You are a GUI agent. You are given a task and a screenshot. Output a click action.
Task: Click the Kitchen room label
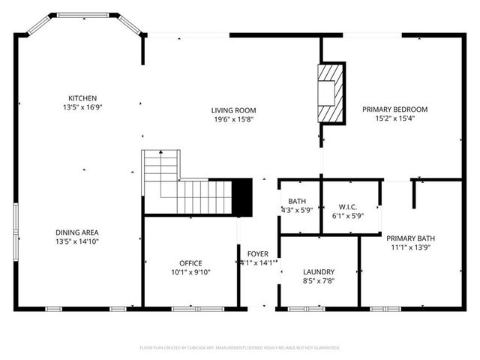click(82, 98)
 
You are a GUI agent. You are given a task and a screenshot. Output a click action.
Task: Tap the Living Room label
click(233, 110)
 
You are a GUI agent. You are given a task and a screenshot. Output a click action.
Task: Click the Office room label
click(190, 262)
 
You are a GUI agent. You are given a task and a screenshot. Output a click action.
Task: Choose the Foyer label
click(257, 254)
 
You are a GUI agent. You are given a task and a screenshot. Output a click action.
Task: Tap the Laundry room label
click(319, 271)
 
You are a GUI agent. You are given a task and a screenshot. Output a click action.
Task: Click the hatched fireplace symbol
click(330, 93)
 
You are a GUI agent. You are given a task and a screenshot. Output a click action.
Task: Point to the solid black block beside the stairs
click(242, 196)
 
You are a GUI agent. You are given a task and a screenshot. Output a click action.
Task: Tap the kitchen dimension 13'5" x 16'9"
click(82, 107)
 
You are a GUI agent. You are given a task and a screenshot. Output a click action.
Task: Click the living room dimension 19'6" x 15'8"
click(233, 119)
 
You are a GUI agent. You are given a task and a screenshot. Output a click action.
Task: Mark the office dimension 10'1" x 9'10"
click(190, 271)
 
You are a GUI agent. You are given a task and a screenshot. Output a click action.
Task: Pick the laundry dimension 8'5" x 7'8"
click(319, 280)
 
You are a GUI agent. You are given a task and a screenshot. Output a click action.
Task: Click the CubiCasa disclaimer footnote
click(240, 348)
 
